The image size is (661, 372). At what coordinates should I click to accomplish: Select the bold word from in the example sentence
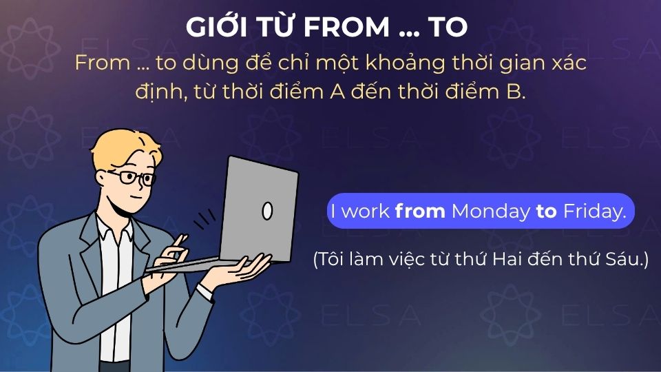[x=420, y=211]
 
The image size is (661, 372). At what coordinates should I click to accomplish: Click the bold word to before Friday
[x=546, y=211]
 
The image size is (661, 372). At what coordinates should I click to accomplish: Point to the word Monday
[x=490, y=211]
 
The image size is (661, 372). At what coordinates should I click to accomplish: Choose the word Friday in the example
[x=594, y=211]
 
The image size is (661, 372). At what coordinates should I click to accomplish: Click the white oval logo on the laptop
[x=267, y=211]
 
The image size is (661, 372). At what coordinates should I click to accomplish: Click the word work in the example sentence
[x=366, y=211]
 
